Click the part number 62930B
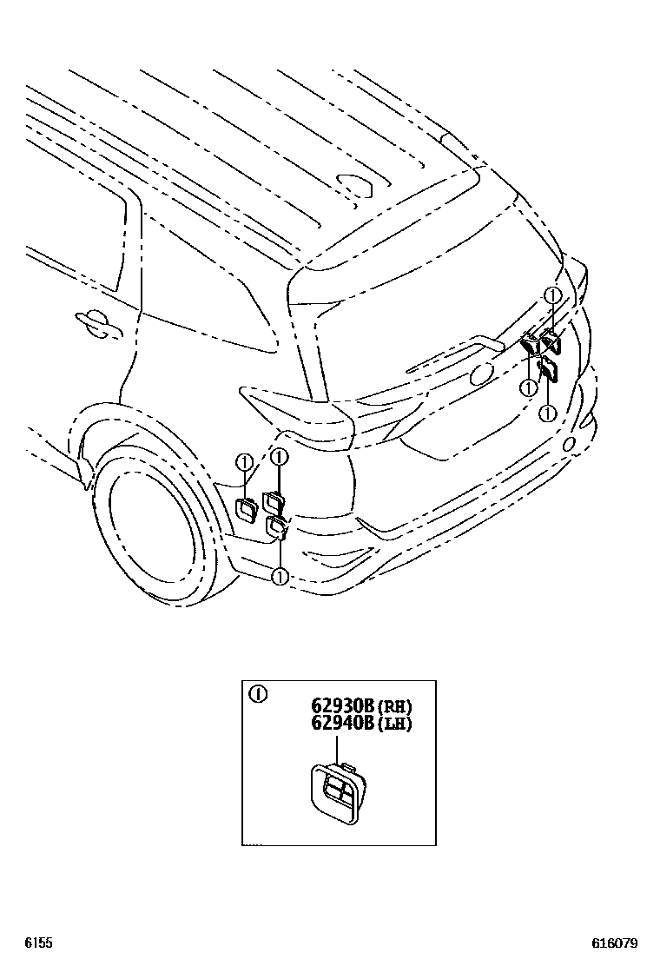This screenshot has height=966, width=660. pos(343,705)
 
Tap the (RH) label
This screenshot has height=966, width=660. pos(393,705)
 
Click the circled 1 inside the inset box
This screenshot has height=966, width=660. pos(257,694)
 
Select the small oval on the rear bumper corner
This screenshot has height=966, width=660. pos(570,444)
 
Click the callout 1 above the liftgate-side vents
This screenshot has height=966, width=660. pos(551,296)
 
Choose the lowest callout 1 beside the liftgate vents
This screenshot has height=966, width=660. pos(548,412)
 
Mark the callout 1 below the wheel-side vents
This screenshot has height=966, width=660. pos(280,576)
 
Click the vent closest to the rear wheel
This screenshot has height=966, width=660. pos(246,510)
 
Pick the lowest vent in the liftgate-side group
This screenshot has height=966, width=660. pos(548,371)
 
